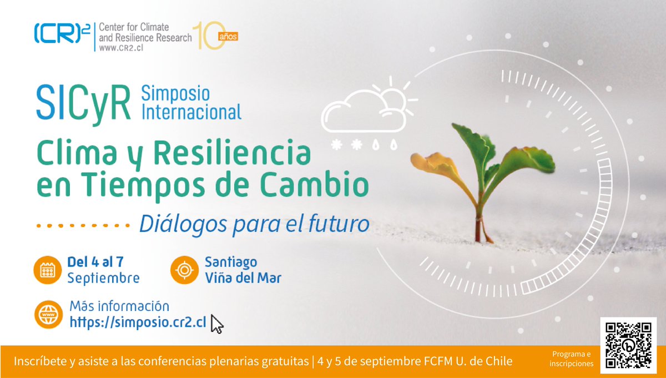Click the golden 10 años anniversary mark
click(214, 37)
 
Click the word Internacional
click(191, 113)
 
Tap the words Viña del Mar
click(243, 277)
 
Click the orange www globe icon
click(47, 315)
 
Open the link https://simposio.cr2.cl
click(138, 322)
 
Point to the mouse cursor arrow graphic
click(217, 324)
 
